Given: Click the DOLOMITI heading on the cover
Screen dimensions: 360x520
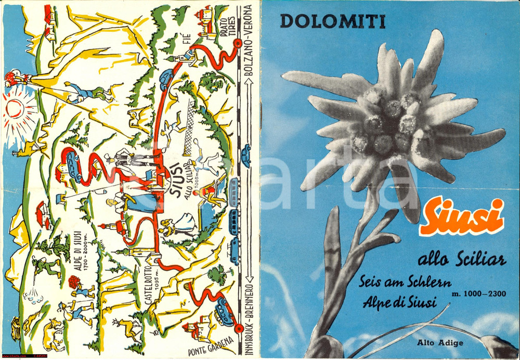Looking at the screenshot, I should tap(332, 21).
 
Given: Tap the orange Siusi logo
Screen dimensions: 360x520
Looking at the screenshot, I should tap(462, 217).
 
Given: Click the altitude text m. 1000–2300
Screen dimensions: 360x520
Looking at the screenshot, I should tap(479, 294).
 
